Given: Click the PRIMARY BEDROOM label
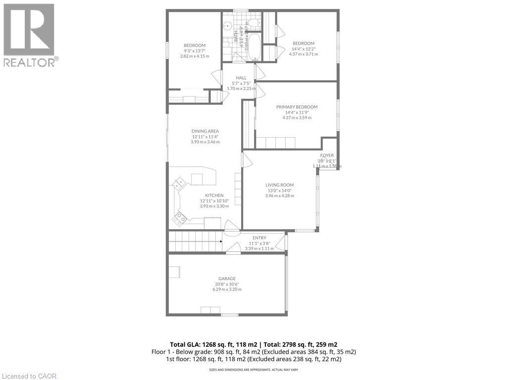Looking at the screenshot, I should coord(297,107).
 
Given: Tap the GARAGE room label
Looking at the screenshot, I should coord(227,279).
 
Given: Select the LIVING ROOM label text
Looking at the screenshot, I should coord(280,185).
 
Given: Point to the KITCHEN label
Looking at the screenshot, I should coord(214,195).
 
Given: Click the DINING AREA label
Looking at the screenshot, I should coord(205,131).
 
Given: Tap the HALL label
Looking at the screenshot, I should coord(241,78).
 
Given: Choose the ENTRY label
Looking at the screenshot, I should coord(259,238).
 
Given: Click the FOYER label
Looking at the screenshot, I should coord(327,155).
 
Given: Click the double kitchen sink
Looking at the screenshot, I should coord(178,184).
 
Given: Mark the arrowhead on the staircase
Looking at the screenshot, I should coord(220,241).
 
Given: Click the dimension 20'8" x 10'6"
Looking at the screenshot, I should coord(227,284).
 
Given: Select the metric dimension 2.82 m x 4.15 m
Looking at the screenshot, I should coord(194,56).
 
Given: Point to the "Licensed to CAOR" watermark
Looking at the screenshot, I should coord(29,376).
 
